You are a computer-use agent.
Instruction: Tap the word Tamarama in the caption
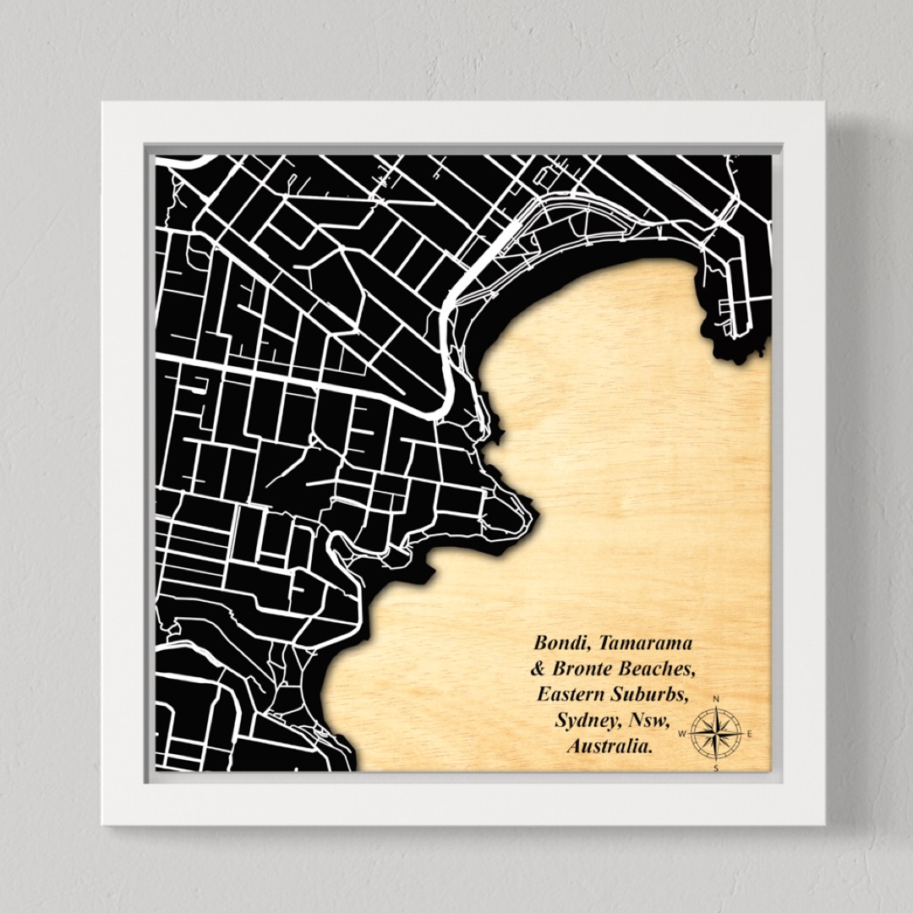pyautogui.click(x=644, y=643)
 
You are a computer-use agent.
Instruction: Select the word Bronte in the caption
pyautogui.click(x=584, y=670)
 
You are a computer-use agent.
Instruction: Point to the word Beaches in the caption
pyautogui.click(x=657, y=670)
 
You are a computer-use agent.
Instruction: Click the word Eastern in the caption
pyautogui.click(x=571, y=696)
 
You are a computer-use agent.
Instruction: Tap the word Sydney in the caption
pyautogui.click(x=585, y=722)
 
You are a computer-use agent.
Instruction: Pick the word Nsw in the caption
pyautogui.click(x=649, y=722)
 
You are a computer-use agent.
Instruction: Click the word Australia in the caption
pyautogui.click(x=610, y=748)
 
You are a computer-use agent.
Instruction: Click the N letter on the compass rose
pyautogui.click(x=717, y=700)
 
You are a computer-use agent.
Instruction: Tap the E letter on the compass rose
pyautogui.click(x=750, y=734)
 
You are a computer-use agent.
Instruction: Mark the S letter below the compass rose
pyautogui.click(x=717, y=768)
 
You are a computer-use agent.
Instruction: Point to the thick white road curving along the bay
pyautogui.click(x=452, y=355)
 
